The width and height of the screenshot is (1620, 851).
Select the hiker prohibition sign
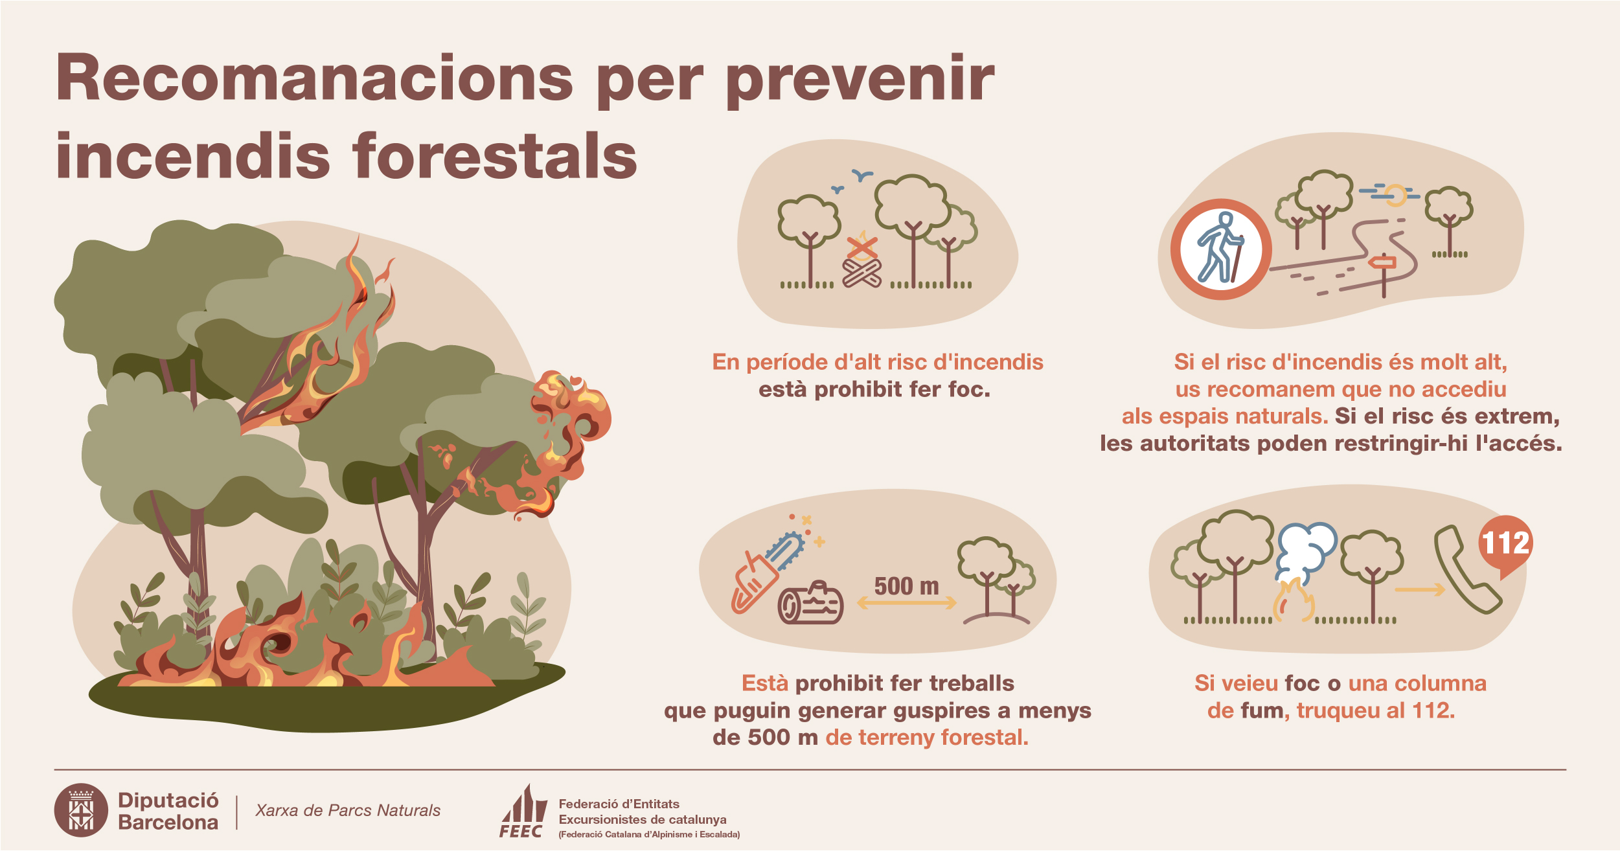click(x=1221, y=249)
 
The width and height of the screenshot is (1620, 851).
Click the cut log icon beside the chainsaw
click(x=810, y=603)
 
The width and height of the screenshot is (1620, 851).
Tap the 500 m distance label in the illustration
click(x=906, y=586)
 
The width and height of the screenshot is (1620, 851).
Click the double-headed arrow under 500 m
click(x=906, y=603)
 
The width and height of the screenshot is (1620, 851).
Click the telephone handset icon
click(x=1466, y=570)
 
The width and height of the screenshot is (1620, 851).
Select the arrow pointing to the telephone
click(x=1420, y=589)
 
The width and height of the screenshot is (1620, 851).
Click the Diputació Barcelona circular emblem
click(x=81, y=810)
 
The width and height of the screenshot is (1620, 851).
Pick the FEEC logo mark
click(x=522, y=811)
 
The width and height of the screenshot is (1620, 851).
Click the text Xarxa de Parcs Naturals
click(x=348, y=810)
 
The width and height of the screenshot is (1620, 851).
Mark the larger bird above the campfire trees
click(x=862, y=175)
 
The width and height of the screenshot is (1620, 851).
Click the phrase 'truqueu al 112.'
click(x=1375, y=710)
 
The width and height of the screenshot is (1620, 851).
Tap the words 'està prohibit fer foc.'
click(x=874, y=389)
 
